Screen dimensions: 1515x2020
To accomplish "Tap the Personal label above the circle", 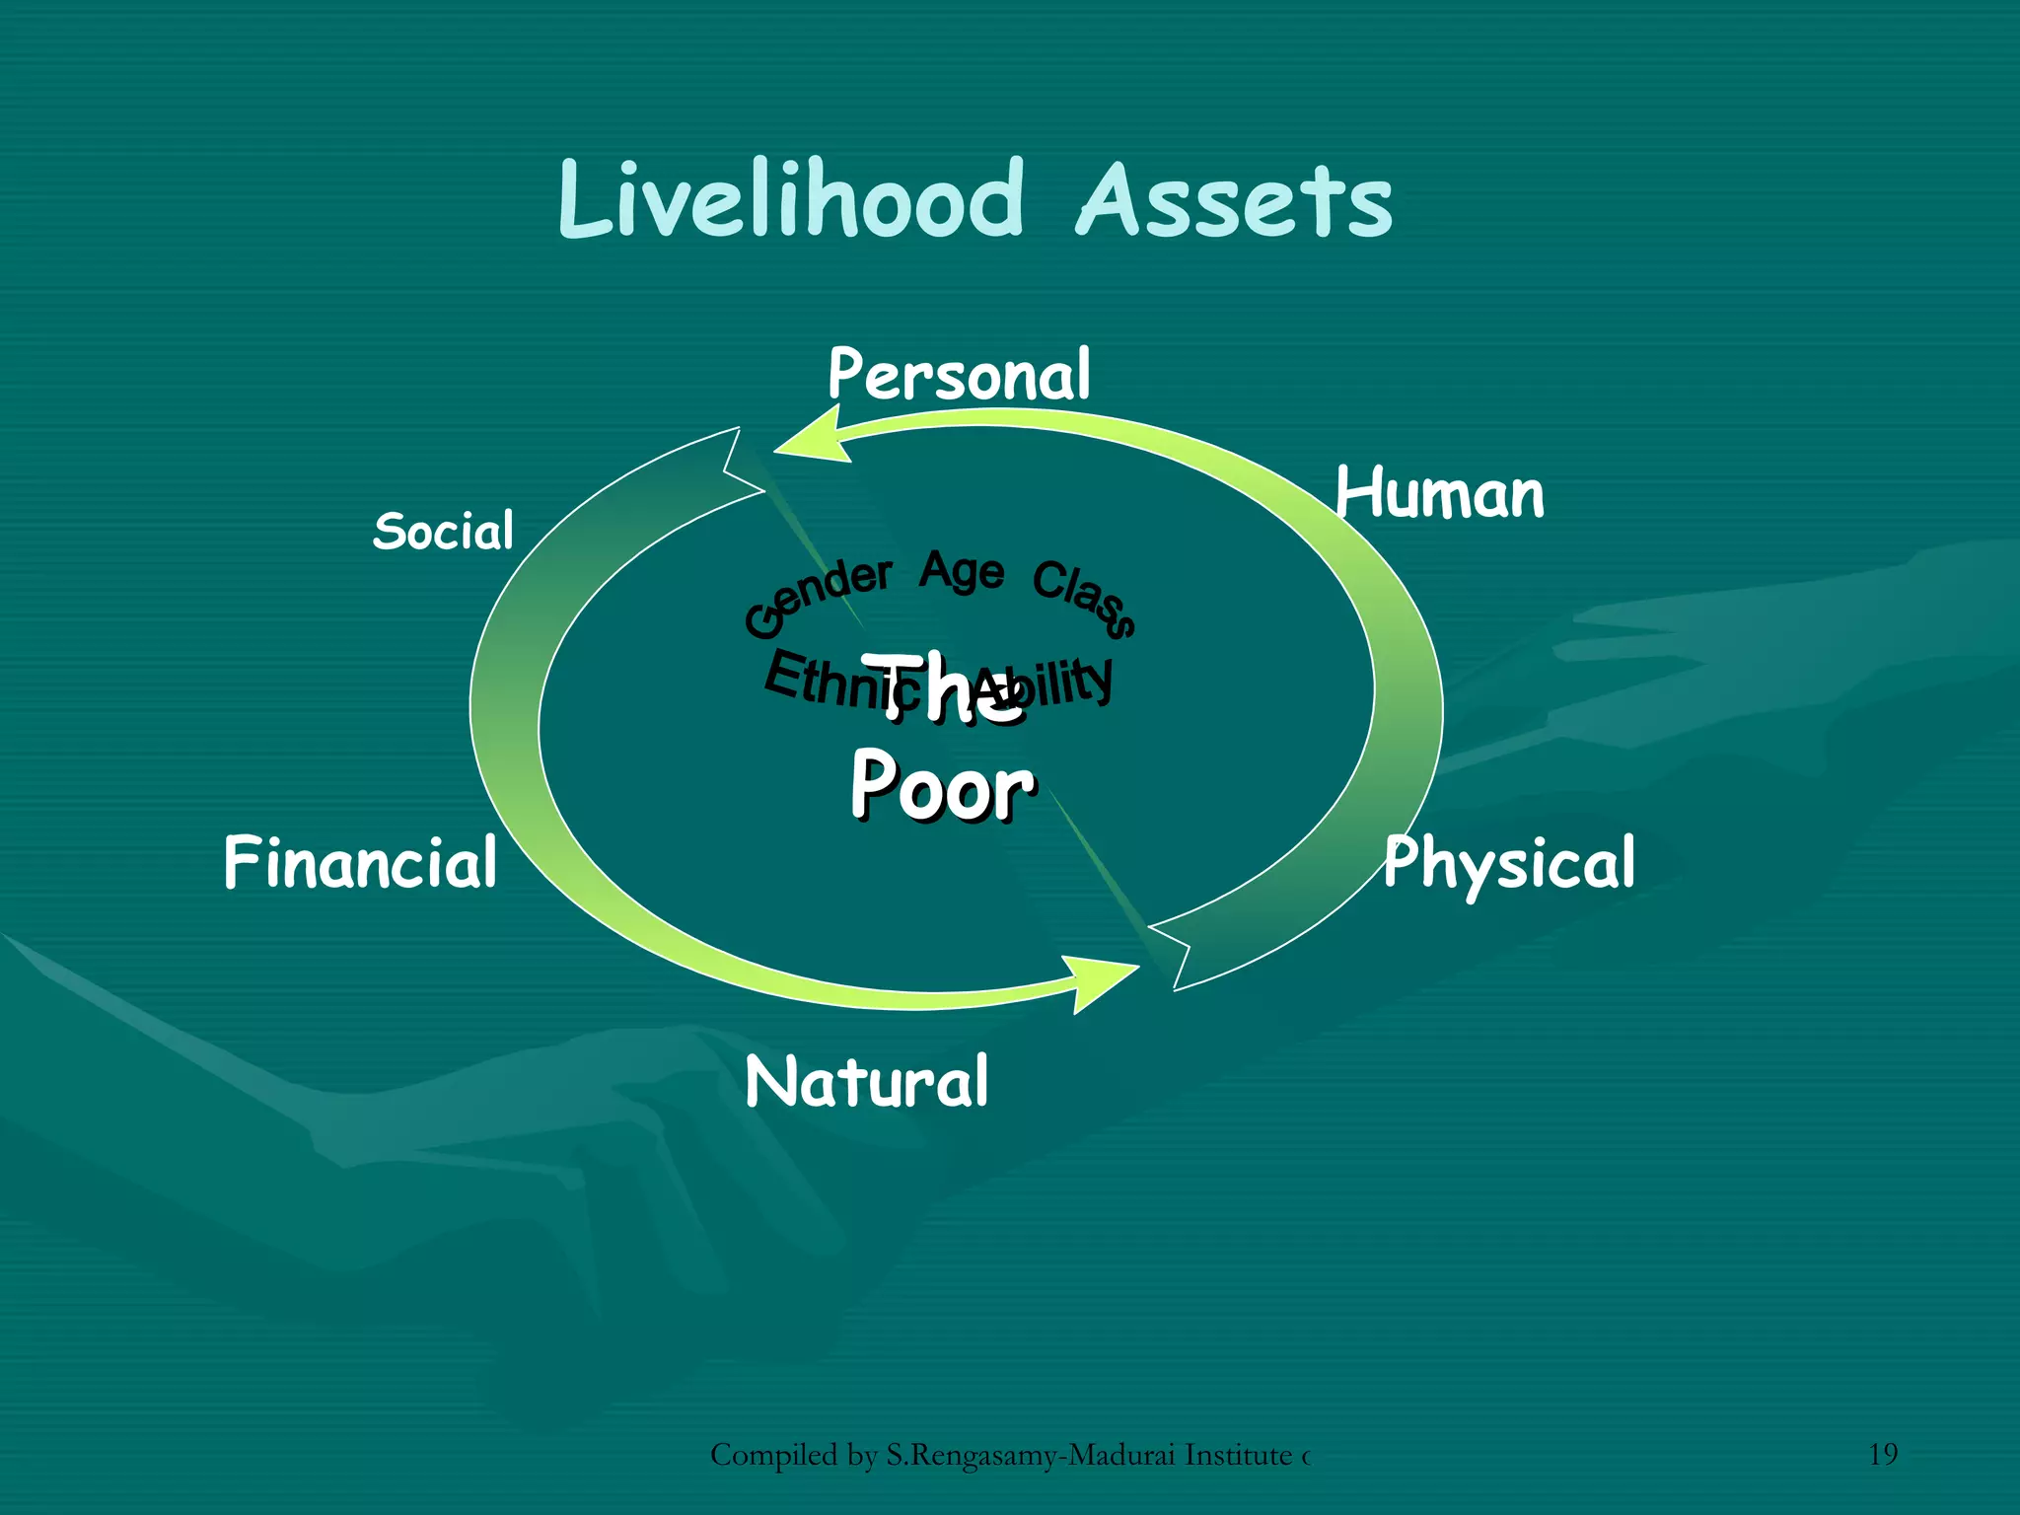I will pos(959,375).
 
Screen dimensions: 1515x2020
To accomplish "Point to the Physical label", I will pos(1509,864).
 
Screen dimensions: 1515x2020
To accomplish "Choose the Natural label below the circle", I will pos(866,1082).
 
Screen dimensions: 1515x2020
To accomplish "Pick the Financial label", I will pos(360,863).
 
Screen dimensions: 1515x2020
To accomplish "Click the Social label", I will pos(444,532).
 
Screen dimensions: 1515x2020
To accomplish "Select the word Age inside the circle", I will pos(962,572).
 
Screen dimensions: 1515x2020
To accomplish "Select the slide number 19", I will pos(1883,1454).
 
